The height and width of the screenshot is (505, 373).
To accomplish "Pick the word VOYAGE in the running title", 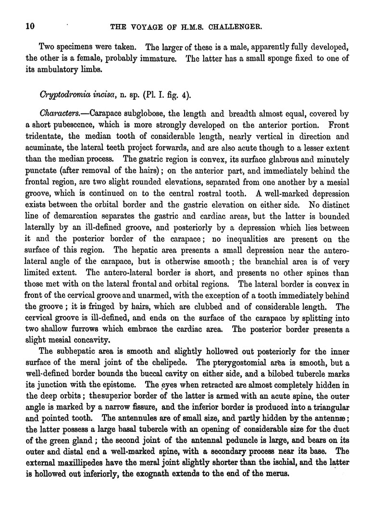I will [x=144, y=27].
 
